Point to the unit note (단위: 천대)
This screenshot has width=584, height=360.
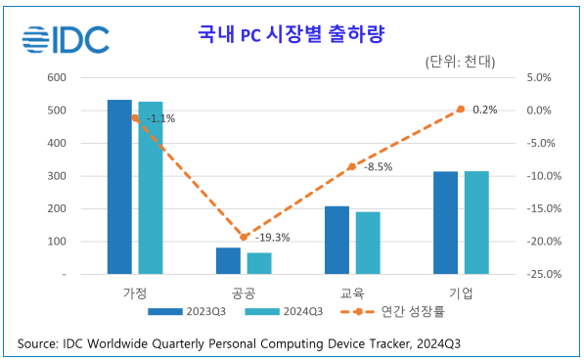[461, 62]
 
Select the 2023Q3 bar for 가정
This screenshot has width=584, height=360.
[119, 186]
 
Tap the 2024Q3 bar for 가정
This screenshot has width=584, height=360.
[151, 188]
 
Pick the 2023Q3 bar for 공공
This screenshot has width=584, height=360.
[228, 260]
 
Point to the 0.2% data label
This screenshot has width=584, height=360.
[484, 110]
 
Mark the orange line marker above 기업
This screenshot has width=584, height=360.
[461, 109]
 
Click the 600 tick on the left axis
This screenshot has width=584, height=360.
[56, 77]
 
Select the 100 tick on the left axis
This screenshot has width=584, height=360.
[56, 242]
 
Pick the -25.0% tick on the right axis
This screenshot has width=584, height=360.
[545, 275]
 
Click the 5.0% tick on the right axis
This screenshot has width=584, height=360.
[541, 77]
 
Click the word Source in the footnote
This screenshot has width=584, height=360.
[37, 344]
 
